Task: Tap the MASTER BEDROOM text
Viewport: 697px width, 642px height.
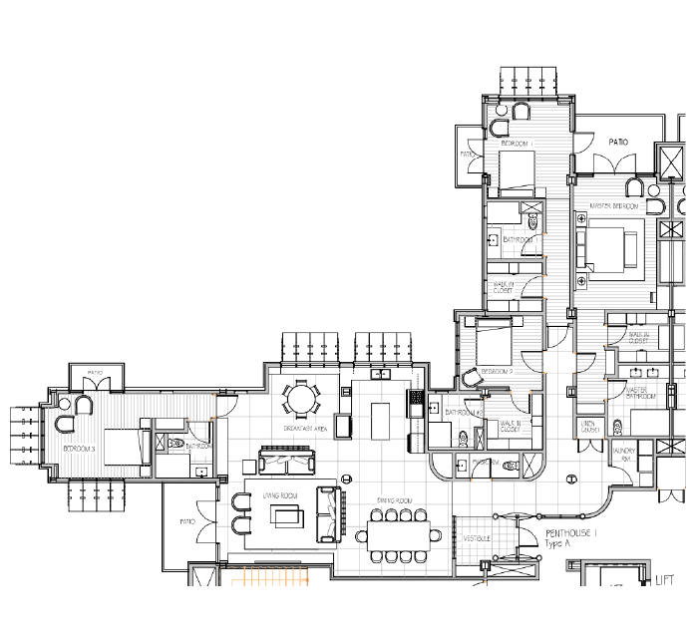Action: tap(614, 206)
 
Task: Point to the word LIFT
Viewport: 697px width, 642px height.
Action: tap(665, 579)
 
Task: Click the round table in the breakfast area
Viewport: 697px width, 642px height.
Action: tap(300, 401)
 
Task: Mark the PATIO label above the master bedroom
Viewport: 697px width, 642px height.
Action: tap(618, 142)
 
